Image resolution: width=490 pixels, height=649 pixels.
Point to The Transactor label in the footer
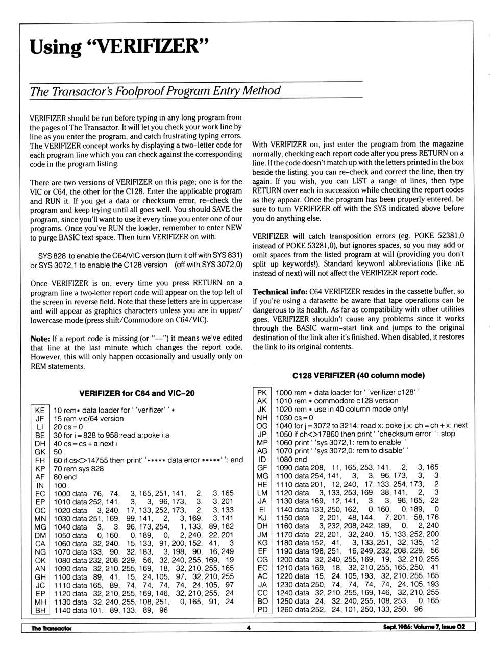click(51, 628)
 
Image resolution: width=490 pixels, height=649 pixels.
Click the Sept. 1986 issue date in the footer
click(424, 627)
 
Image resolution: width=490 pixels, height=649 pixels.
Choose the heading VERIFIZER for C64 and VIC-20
click(137, 393)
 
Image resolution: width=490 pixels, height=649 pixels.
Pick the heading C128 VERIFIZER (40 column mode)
click(358, 375)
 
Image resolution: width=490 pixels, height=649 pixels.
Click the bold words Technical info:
click(280, 292)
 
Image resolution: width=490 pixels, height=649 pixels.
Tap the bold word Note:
click(40, 338)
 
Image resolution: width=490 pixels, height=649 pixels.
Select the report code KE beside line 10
click(40, 410)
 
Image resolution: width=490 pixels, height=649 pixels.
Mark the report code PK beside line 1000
click(262, 393)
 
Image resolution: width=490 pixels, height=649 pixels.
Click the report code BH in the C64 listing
click(40, 610)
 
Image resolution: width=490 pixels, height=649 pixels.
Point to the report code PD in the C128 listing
click(262, 609)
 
